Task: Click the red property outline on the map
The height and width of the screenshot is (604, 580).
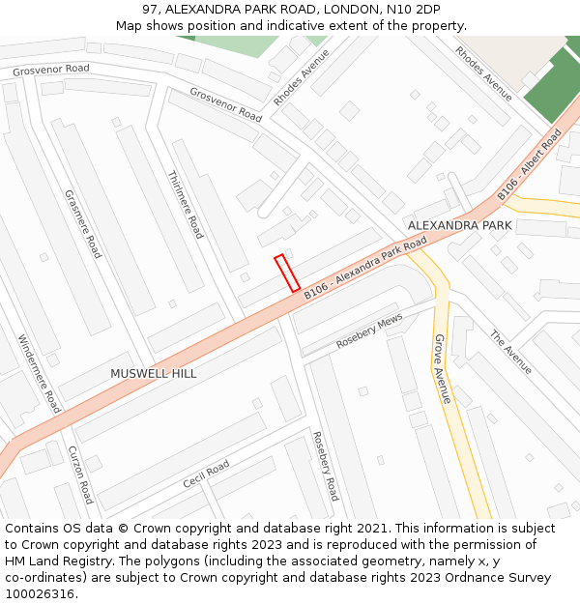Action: (x=287, y=273)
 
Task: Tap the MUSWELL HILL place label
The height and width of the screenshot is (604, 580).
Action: (x=153, y=373)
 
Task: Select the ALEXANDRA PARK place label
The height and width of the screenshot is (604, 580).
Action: (x=459, y=225)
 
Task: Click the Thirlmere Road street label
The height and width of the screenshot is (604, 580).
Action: (x=186, y=205)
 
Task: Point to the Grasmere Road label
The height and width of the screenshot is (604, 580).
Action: (x=83, y=223)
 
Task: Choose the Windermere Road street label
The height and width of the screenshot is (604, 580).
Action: (x=40, y=374)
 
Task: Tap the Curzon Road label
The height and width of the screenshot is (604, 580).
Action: (x=80, y=475)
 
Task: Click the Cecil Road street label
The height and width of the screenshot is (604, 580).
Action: (x=206, y=474)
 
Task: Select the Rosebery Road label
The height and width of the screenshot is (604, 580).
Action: (x=326, y=466)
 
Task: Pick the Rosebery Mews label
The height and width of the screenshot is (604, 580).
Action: (x=369, y=332)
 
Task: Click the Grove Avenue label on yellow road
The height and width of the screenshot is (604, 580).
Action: (x=442, y=369)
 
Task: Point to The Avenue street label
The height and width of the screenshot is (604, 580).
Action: (x=510, y=353)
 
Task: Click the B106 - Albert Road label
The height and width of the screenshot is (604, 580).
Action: (x=530, y=165)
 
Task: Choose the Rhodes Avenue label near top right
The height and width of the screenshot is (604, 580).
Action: (x=483, y=73)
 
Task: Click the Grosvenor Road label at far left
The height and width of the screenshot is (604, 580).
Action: (x=51, y=70)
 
